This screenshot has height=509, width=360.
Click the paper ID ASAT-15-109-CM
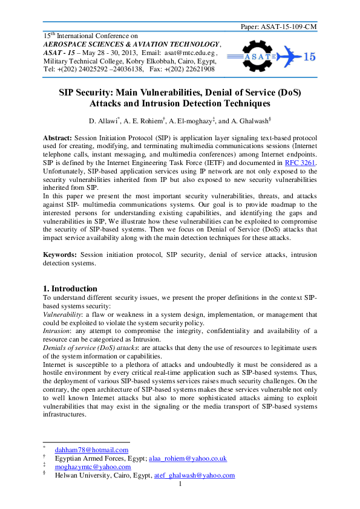(289, 27)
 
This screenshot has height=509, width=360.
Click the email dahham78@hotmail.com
(91, 450)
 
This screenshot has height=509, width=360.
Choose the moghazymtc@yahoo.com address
(93, 467)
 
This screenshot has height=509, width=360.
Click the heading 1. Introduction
(71, 288)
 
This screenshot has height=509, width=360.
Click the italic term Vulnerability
(64, 314)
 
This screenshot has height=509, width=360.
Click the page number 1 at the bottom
(180, 484)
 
